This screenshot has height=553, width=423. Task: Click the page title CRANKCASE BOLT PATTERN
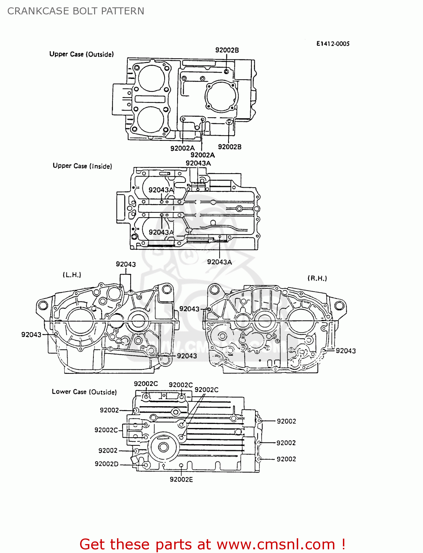click(x=76, y=11)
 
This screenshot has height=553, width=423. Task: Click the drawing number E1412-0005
click(x=333, y=44)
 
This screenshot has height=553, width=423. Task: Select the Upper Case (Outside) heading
click(x=82, y=54)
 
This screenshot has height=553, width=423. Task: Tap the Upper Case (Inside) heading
click(x=82, y=166)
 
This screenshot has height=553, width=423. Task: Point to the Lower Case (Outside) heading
click(x=84, y=392)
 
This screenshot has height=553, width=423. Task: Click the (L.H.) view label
click(x=72, y=275)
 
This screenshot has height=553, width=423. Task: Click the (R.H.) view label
click(x=317, y=278)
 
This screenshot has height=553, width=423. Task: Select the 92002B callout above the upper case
click(x=227, y=50)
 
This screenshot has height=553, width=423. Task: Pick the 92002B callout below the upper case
click(x=230, y=147)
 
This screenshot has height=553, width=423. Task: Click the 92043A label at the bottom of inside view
click(x=219, y=262)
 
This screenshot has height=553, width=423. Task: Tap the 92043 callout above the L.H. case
click(x=125, y=264)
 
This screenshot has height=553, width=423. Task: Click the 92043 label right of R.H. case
click(x=345, y=351)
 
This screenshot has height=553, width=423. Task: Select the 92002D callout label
click(x=106, y=464)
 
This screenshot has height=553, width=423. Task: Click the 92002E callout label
click(x=181, y=479)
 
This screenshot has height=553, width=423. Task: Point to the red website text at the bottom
click(x=212, y=545)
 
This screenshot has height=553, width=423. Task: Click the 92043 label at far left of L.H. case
click(x=31, y=335)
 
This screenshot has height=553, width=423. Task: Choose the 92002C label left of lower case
click(x=106, y=430)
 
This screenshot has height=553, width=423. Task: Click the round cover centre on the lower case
click(x=163, y=447)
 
